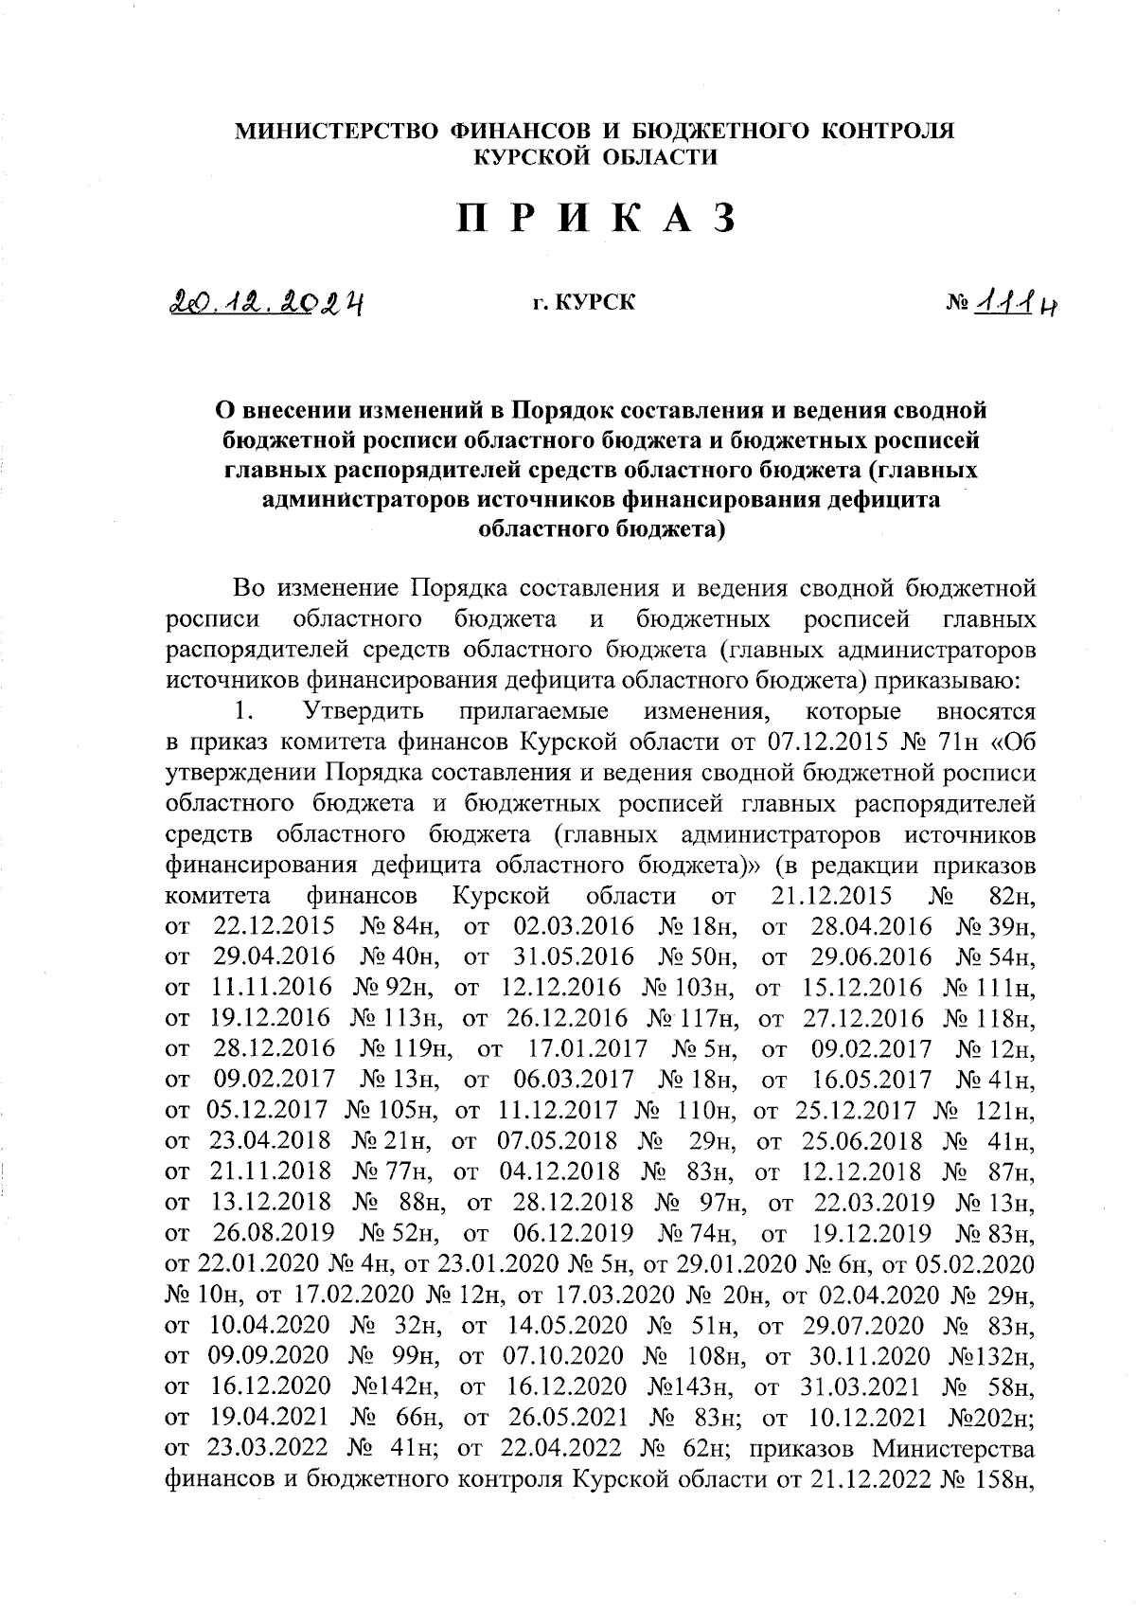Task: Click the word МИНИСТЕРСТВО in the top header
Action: (x=339, y=131)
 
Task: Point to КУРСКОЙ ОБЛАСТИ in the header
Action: (x=595, y=157)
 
